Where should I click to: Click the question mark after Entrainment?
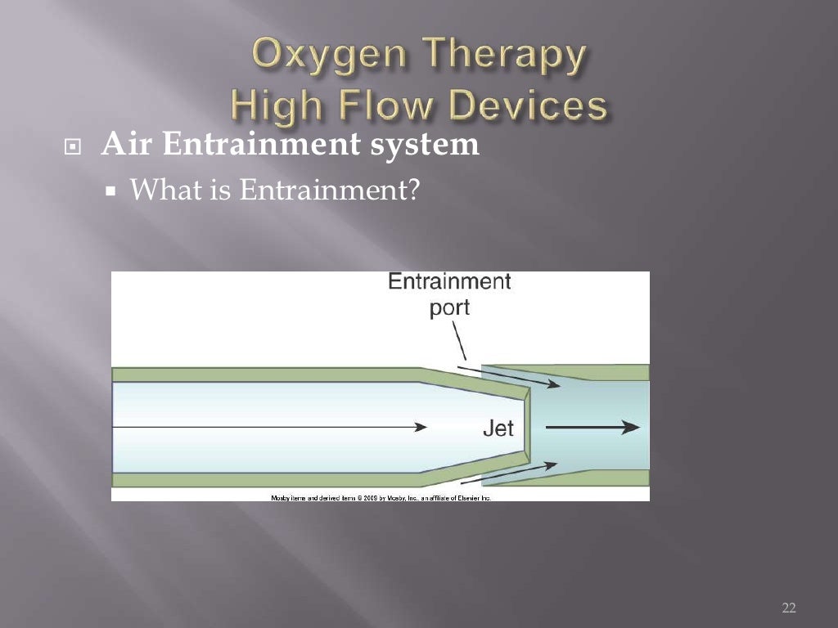click(x=413, y=191)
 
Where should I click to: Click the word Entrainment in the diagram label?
click(x=448, y=283)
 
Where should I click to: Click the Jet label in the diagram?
click(x=498, y=428)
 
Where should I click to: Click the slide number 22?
click(x=788, y=607)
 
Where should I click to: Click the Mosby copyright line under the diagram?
click(x=381, y=497)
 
